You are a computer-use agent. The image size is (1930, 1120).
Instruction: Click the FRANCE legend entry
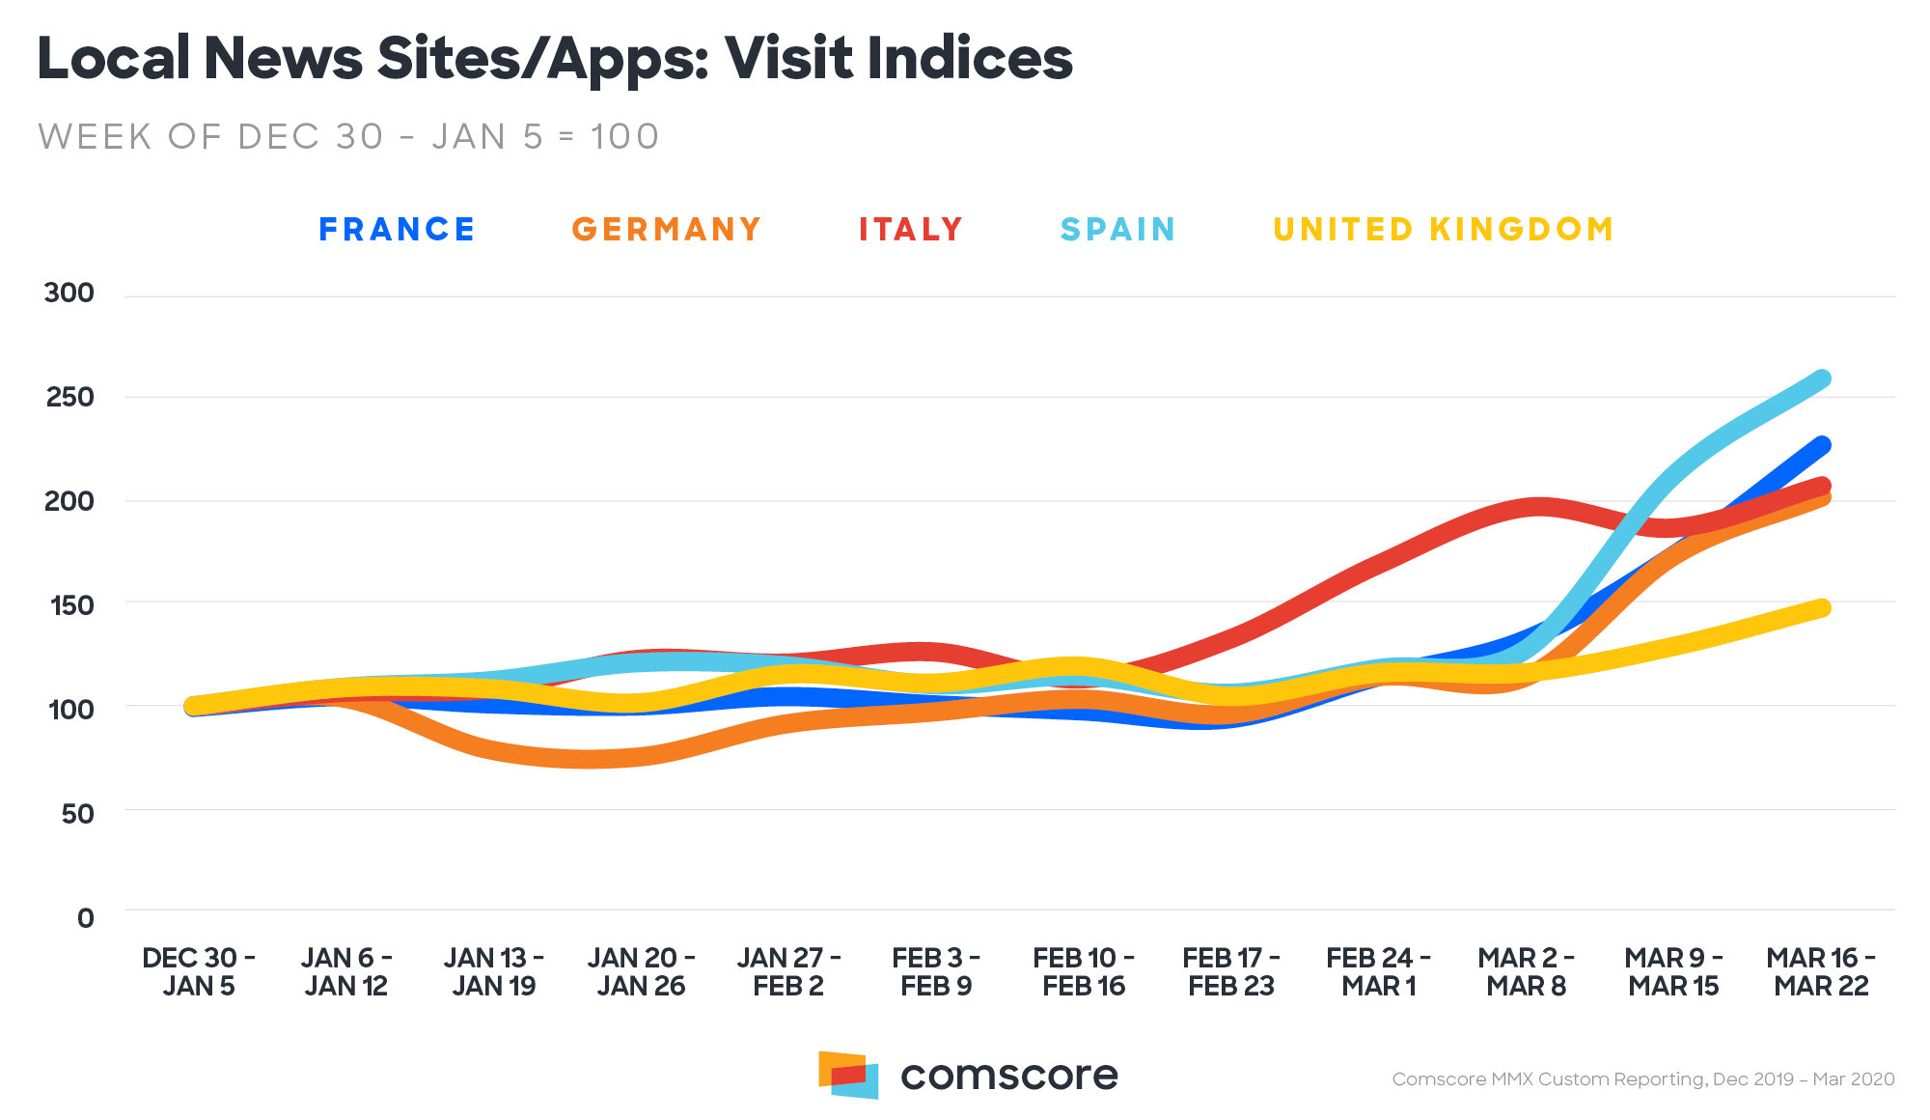coord(397,230)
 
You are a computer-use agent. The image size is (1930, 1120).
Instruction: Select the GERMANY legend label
coord(666,230)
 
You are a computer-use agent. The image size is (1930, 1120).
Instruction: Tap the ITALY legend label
coord(911,230)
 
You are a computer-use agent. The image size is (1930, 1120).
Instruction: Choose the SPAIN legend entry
coord(1117,230)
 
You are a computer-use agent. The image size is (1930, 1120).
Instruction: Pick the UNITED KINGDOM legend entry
coord(1443,230)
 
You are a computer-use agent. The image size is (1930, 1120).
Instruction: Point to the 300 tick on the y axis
coord(69,294)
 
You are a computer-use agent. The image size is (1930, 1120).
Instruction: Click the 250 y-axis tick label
coord(69,397)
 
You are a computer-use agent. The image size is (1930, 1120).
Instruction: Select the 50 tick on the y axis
coord(77,814)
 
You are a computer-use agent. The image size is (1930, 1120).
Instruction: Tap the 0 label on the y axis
coord(86,918)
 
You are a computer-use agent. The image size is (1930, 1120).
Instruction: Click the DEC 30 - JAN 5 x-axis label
coord(199,971)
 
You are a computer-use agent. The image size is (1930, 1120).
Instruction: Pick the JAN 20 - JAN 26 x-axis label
coord(641,971)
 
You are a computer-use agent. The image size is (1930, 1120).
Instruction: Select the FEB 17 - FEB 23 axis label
coord(1231,971)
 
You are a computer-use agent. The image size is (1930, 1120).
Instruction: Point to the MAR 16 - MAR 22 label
coord(1821,971)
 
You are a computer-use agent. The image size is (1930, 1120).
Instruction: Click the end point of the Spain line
coord(1822,378)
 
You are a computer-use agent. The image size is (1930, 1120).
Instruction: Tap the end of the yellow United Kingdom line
coord(1822,607)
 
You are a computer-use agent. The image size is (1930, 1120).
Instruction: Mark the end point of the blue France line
coord(1822,445)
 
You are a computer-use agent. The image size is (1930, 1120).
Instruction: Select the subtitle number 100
coord(624,137)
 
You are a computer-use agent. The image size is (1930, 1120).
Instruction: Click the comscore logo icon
coord(848,1075)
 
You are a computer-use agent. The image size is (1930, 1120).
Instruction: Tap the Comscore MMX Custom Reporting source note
coord(1642,1079)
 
